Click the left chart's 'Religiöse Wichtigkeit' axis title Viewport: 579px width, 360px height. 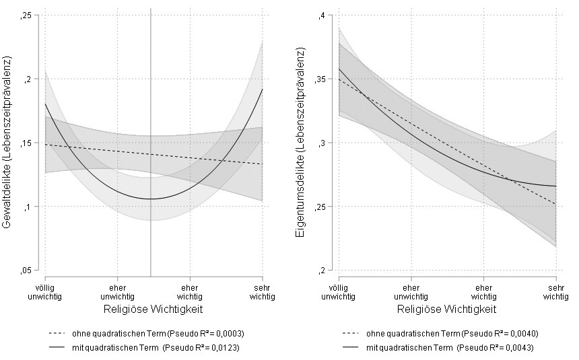tap(154, 310)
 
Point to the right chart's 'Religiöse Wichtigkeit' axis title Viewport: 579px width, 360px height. tap(447, 310)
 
